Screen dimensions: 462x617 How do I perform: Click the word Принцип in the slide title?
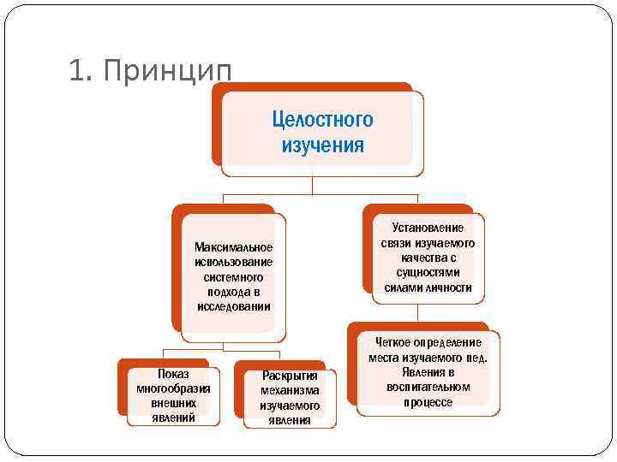pyautogui.click(x=166, y=73)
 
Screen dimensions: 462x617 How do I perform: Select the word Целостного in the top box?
pyautogui.click(x=322, y=119)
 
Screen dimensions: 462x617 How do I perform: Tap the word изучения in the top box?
pyautogui.click(x=322, y=145)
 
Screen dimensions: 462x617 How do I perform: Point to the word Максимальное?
pyautogui.click(x=233, y=247)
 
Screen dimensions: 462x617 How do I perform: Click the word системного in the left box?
pyautogui.click(x=233, y=277)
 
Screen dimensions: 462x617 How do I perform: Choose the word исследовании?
pyautogui.click(x=233, y=306)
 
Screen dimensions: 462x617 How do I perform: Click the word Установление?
pyautogui.click(x=428, y=228)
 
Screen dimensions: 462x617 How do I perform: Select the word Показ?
pyautogui.click(x=173, y=374)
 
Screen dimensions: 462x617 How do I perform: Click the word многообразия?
pyautogui.click(x=173, y=388)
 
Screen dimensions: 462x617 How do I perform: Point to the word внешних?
pyautogui.click(x=173, y=403)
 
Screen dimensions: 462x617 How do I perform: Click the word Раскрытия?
pyautogui.click(x=290, y=376)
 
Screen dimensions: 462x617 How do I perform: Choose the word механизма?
pyautogui.click(x=290, y=391)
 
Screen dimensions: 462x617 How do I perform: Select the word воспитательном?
pyautogui.click(x=428, y=387)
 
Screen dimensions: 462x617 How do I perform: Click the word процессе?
pyautogui.click(x=428, y=401)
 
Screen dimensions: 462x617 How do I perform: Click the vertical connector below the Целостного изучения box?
pyautogui.click(x=313, y=186)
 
